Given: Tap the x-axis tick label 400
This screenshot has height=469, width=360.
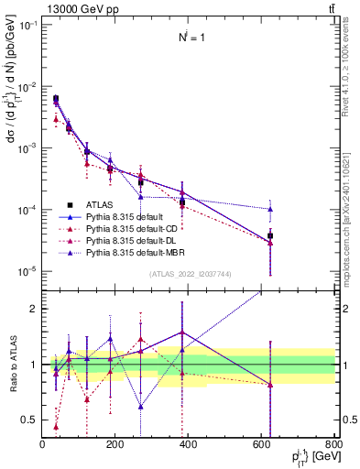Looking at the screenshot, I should click(189, 445).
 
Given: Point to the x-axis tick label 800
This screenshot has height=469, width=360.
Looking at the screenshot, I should click(334, 445).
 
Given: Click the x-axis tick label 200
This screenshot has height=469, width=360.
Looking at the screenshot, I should click(115, 445).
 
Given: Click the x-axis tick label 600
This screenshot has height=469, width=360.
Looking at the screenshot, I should click(262, 445).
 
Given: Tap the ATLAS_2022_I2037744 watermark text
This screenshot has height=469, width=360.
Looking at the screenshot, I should click(189, 273).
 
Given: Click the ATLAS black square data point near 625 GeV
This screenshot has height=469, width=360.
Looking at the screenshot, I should click(270, 235).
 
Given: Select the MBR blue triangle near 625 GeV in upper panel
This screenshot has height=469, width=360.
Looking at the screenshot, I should click(270, 209).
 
